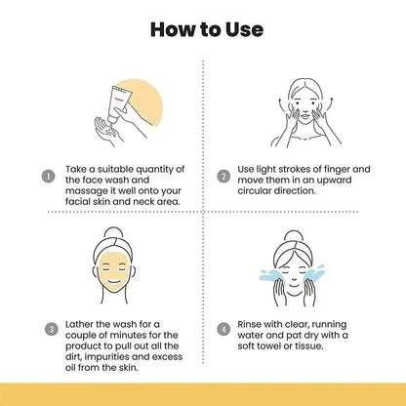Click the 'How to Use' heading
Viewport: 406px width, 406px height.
tap(207, 29)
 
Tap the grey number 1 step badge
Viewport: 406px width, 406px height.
tap(48, 177)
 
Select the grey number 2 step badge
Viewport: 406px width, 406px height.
tap(223, 177)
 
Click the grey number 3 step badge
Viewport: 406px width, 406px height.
tap(51, 329)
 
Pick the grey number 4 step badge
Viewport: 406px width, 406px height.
tap(223, 329)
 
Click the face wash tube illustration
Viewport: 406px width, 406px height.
tap(119, 102)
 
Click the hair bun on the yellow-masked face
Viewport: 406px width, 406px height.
tap(113, 233)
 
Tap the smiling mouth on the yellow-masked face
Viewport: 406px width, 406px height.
tap(113, 282)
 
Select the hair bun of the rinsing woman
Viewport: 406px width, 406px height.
tap(294, 236)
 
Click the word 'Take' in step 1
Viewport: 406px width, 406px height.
tap(76, 169)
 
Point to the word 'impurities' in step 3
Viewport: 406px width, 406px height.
tap(106, 357)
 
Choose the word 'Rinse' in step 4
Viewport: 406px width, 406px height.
tap(249, 324)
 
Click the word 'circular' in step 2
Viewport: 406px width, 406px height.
tap(254, 191)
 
